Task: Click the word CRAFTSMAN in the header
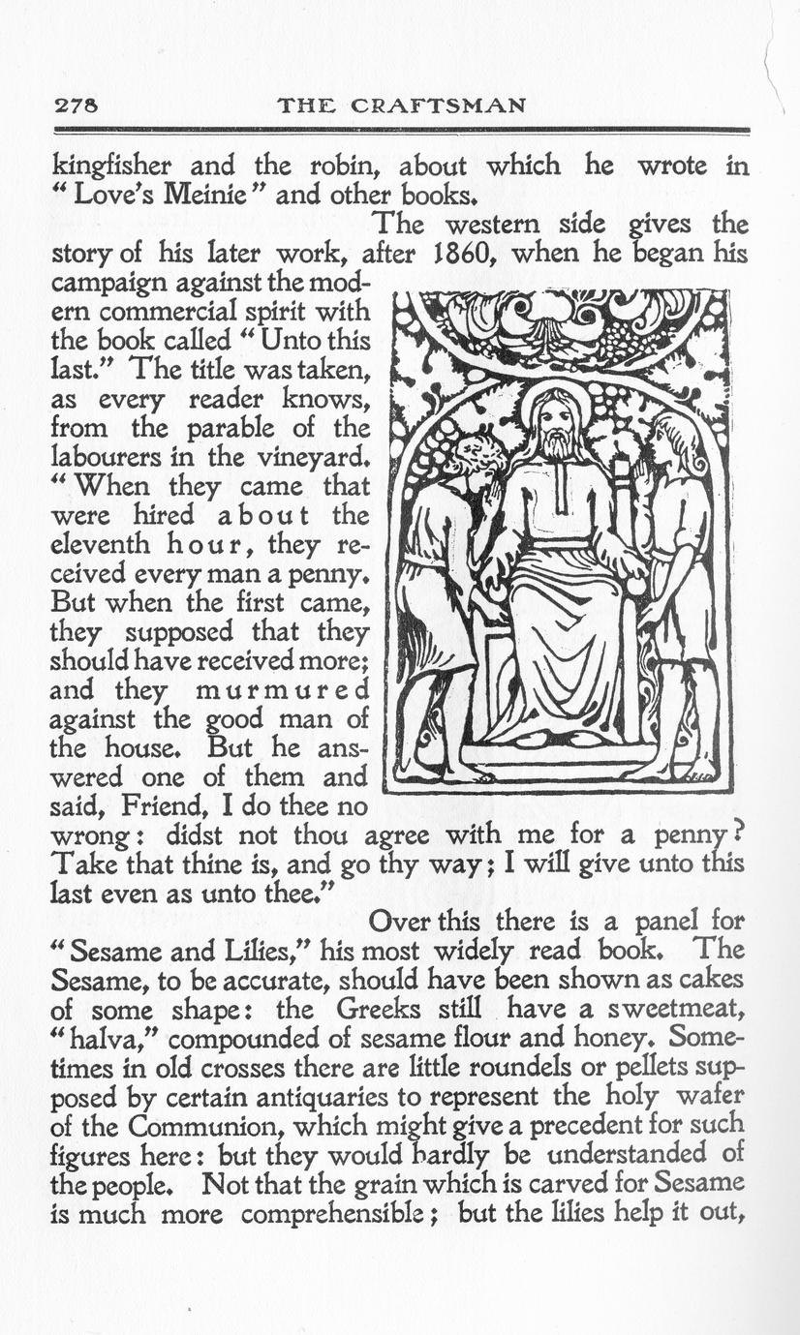point(449,105)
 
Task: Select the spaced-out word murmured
point(282,691)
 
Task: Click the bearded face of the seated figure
point(554,430)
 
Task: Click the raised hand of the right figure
point(640,474)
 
